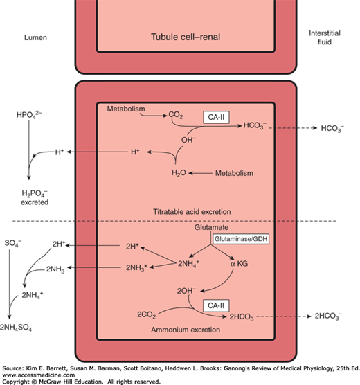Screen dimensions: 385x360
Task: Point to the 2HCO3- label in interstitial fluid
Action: [323, 316]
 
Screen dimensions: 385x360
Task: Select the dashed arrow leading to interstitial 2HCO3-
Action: [281, 316]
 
